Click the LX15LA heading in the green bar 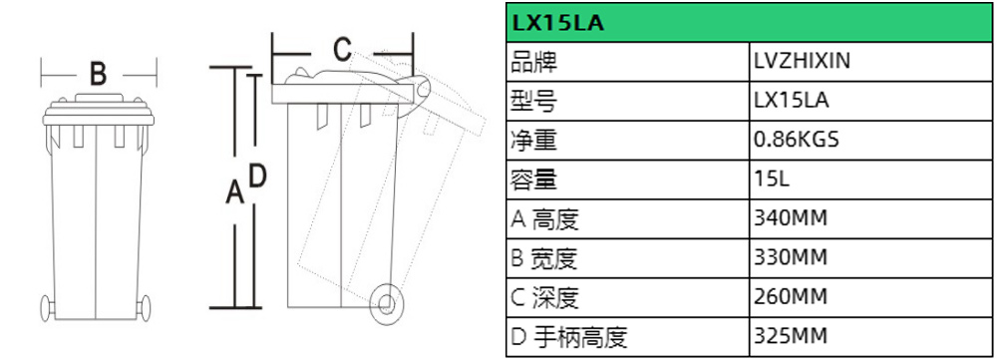(x=556, y=21)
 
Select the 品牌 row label (x=532, y=62)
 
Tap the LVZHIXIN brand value (x=802, y=62)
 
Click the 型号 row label (x=532, y=101)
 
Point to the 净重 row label (x=532, y=141)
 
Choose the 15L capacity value (x=774, y=180)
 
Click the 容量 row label (x=532, y=180)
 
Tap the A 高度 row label (x=543, y=219)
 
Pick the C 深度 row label (x=543, y=298)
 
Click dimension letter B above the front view (x=98, y=74)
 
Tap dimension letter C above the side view (x=341, y=48)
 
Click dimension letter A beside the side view (x=235, y=191)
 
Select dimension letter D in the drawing (x=256, y=176)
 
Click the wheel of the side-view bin (x=385, y=299)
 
